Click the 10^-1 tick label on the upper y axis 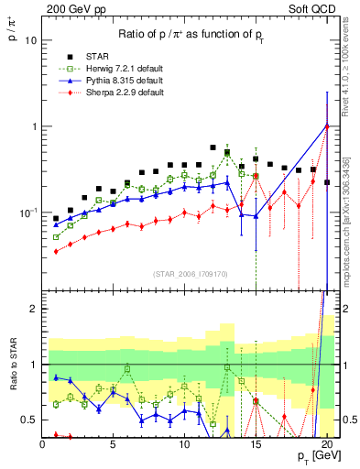[28, 212]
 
